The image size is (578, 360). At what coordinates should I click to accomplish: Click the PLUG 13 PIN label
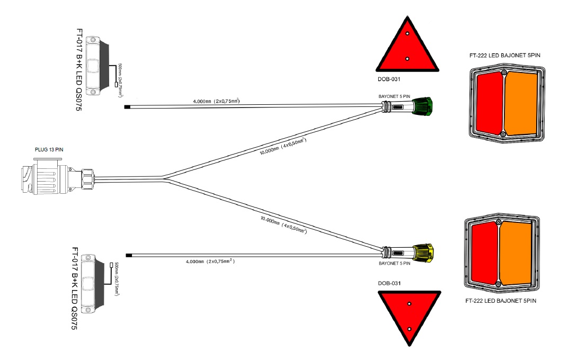tap(49, 150)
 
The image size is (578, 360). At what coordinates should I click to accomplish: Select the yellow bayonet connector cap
tap(423, 253)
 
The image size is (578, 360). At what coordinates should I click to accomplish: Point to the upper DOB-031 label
tap(389, 79)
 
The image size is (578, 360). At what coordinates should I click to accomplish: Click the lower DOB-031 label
tap(389, 283)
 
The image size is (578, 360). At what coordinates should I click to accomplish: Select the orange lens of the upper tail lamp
tap(521, 103)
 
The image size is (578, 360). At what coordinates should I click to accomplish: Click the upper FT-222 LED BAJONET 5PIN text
tap(505, 56)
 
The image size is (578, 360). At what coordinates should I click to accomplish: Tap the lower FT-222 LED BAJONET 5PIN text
tap(501, 301)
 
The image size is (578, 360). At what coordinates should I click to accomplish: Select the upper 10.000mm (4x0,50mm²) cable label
tap(283, 146)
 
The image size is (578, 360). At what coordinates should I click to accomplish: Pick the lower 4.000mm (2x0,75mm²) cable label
tap(210, 261)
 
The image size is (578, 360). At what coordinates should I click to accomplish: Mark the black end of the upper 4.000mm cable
tap(128, 107)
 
